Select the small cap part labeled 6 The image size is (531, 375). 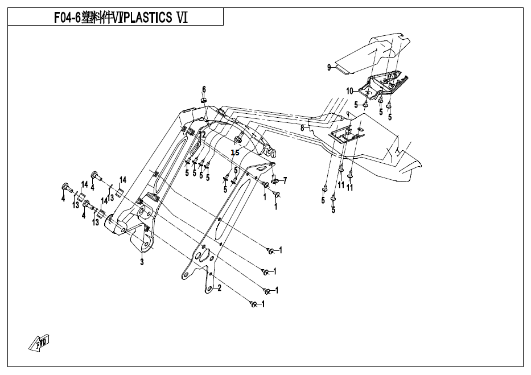pos(203,100)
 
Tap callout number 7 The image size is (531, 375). pos(285,180)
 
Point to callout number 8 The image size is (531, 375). pos(302,129)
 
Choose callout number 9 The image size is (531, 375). pos(328,68)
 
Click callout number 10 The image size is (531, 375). pos(350,90)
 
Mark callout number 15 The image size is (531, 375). pos(235,153)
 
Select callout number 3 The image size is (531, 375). pos(142,262)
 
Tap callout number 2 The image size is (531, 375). pos(219,288)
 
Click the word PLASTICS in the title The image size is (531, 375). pos(147,18)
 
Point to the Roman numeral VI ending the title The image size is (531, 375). pos(182,18)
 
